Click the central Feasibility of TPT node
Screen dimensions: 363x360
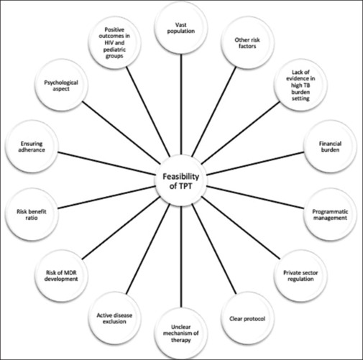click(x=181, y=181)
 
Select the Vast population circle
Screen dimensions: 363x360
click(x=181, y=28)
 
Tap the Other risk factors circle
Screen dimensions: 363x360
click(x=247, y=43)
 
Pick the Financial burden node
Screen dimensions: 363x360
click(x=330, y=147)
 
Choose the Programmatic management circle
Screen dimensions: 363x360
click(x=330, y=215)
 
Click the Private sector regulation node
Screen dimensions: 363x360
click(x=300, y=276)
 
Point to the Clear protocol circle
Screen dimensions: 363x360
click(x=247, y=318)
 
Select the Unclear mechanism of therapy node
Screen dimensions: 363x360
click(x=181, y=333)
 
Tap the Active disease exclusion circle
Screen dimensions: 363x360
click(x=114, y=318)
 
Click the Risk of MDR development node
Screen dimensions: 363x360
click(x=61, y=276)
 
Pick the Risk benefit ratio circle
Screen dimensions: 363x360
click(x=32, y=215)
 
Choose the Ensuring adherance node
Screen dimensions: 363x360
click(x=32, y=147)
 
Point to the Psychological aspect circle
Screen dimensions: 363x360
click(x=61, y=86)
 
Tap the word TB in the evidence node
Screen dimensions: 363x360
click(x=307, y=86)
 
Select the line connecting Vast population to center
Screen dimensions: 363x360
click(x=181, y=105)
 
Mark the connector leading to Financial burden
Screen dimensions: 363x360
click(x=255, y=163)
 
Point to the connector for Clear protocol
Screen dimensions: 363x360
click(x=214, y=249)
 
